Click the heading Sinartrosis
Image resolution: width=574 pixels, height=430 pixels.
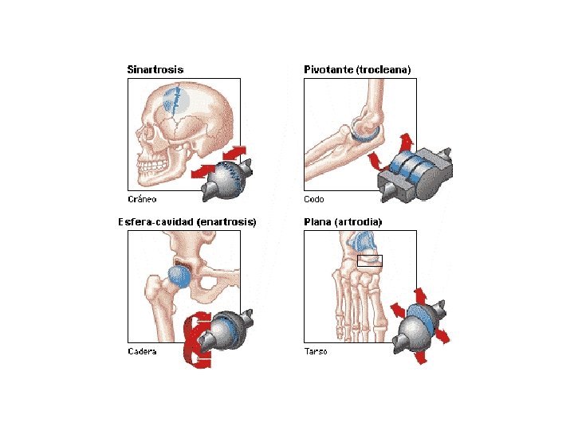coord(155,69)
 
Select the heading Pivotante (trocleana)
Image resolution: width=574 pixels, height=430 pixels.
coord(357,69)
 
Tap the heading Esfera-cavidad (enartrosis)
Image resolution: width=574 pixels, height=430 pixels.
coord(187,222)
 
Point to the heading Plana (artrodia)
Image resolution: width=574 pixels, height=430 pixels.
coord(343,222)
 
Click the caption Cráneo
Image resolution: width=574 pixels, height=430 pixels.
coord(142,199)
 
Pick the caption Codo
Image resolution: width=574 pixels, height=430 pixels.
coord(314,199)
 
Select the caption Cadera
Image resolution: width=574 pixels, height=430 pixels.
coord(142,351)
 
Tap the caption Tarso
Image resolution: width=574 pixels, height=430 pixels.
coord(316,351)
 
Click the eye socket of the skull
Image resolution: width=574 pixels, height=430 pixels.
coord(148,134)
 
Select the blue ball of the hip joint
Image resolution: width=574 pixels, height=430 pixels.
coord(179,276)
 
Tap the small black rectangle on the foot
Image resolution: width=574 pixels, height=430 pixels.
coord(370,260)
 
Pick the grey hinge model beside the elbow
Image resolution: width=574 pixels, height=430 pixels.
coord(415,174)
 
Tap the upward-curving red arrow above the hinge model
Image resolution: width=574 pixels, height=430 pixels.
coord(406,143)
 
